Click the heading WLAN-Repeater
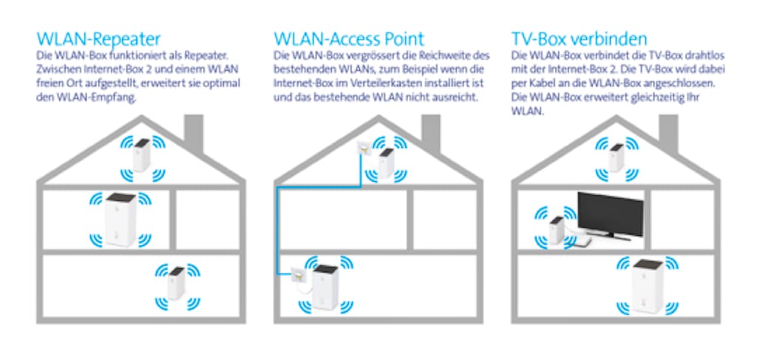click(98, 38)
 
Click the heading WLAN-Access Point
click(349, 38)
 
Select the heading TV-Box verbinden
click(580, 38)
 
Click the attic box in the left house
click(142, 154)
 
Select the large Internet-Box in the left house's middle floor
click(120, 220)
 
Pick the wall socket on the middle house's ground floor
click(299, 275)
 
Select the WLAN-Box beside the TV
click(557, 230)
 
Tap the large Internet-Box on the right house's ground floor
click(648, 287)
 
